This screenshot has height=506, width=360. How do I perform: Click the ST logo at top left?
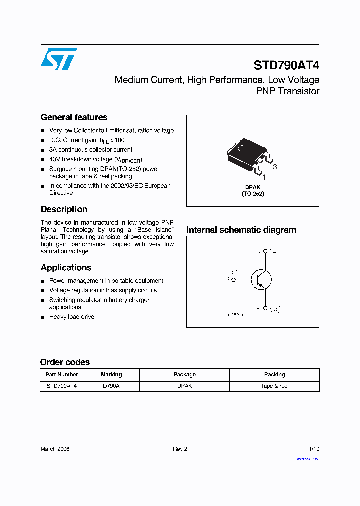pos(59,59)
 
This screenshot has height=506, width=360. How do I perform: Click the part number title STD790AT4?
pos(286,65)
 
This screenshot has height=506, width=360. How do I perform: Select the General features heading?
pos(74,117)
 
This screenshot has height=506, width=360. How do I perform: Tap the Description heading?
pos(64,209)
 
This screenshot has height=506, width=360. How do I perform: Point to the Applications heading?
pos(66,267)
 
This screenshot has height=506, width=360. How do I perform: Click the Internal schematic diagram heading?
pos(241,230)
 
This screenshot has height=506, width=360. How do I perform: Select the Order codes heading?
pos(65,362)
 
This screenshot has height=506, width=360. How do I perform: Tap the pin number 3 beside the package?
pos(274,167)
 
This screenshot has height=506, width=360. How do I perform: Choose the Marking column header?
pos(111,374)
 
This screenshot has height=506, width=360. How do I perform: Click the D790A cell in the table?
pos(111,386)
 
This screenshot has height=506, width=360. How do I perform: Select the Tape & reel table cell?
pos(274,386)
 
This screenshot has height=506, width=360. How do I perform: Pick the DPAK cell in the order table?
pos(184,386)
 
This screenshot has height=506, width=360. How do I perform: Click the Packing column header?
pos(274,374)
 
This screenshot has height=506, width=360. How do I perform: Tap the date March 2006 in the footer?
pos(55,449)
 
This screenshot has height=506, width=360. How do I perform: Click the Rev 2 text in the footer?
pos(180,449)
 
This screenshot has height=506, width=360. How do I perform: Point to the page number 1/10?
pos(314,449)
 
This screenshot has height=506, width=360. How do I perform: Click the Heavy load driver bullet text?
pos(73,317)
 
